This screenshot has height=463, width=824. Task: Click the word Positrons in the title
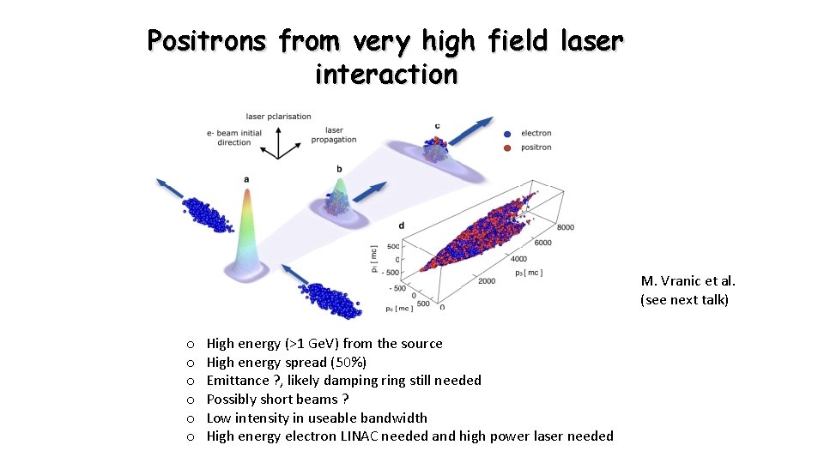coord(206,40)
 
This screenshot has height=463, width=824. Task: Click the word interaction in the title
coord(386,75)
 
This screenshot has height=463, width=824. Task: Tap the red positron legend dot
coord(506,147)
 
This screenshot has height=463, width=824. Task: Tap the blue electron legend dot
coord(506,134)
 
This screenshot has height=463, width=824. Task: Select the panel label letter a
coord(246,179)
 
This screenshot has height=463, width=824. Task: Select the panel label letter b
coord(340,169)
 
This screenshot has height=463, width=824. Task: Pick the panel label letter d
coord(402,225)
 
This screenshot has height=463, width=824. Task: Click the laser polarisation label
coord(278,117)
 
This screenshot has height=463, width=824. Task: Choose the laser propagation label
coord(334,135)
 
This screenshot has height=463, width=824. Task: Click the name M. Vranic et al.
coord(688,281)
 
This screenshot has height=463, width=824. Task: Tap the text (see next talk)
coord(684,300)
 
